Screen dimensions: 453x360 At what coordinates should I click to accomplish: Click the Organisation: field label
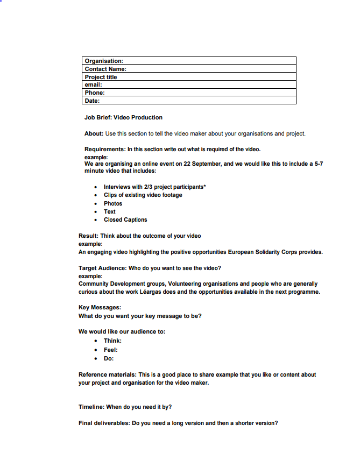click(x=104, y=61)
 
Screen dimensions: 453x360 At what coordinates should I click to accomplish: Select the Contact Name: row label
click(x=105, y=69)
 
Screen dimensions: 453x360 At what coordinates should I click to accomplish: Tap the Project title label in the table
click(x=101, y=77)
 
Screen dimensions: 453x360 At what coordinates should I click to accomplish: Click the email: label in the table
click(x=93, y=84)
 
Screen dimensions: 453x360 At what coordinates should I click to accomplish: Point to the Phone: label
click(x=95, y=93)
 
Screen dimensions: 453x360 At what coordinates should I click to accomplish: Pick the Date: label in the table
click(x=92, y=101)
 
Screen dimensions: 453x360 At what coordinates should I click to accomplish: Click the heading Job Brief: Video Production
click(x=123, y=117)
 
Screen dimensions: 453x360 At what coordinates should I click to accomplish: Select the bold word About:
click(x=94, y=133)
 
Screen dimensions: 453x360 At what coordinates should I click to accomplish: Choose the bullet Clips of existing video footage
click(x=143, y=195)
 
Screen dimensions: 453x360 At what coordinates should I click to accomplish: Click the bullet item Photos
click(x=113, y=203)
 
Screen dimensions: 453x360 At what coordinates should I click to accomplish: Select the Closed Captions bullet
click(x=125, y=220)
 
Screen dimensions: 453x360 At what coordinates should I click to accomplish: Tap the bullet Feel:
click(x=111, y=350)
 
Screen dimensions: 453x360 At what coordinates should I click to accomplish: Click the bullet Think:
click(x=112, y=341)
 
